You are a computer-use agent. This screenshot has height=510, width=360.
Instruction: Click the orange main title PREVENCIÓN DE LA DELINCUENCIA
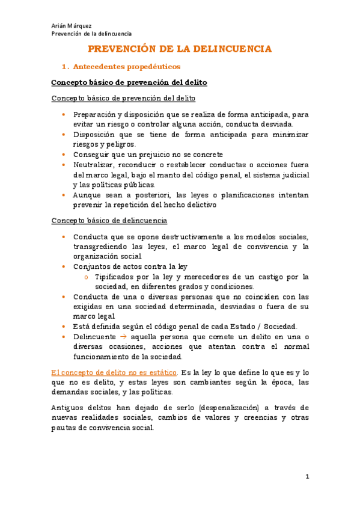point(180,49)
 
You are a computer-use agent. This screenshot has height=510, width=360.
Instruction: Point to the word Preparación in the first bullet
point(95,114)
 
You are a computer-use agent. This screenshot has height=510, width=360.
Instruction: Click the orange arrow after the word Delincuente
point(117,337)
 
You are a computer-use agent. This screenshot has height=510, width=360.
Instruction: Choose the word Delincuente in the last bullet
point(93,337)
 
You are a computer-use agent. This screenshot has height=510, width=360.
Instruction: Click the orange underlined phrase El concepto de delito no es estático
point(114,372)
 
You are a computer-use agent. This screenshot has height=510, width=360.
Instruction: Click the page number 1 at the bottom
point(307,477)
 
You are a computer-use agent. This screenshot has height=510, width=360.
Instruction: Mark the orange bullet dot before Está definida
point(64,327)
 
